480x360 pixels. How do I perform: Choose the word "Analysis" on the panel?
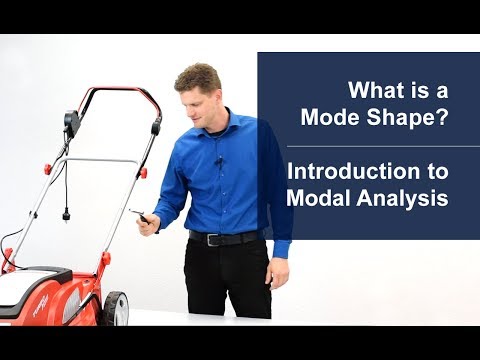pos(406,198)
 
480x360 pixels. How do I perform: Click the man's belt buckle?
pos(211,239)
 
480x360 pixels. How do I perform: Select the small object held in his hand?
pos(141,216)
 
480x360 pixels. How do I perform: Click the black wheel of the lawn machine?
pos(114,307)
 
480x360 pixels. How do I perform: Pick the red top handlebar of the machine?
pos(120,91)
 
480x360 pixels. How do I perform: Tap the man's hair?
pos(197,75)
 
